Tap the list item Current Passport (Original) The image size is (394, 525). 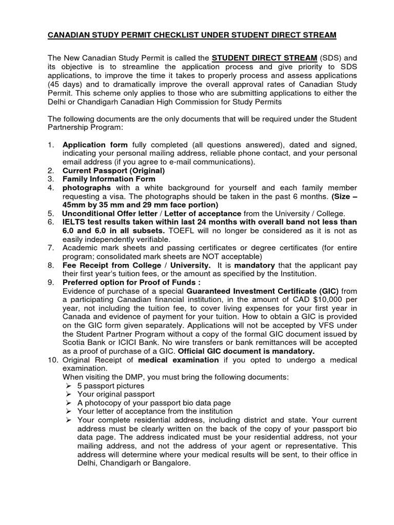point(113,170)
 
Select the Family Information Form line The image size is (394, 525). point(109,179)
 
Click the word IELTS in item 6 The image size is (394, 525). point(74,221)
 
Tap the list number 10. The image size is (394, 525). point(52,360)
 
